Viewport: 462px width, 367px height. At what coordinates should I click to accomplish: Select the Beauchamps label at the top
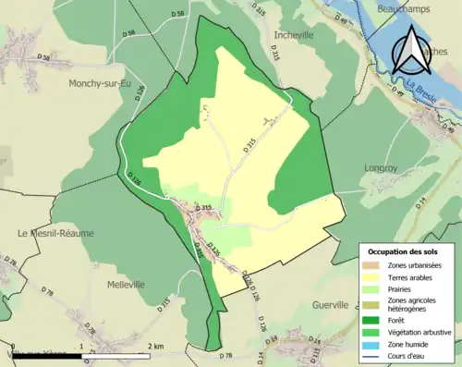pyautogui.click(x=410, y=7)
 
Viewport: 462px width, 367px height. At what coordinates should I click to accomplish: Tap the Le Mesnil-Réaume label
pyautogui.click(x=55, y=233)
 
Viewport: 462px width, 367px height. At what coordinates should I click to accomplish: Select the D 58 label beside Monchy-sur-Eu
pyautogui.click(x=44, y=57)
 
